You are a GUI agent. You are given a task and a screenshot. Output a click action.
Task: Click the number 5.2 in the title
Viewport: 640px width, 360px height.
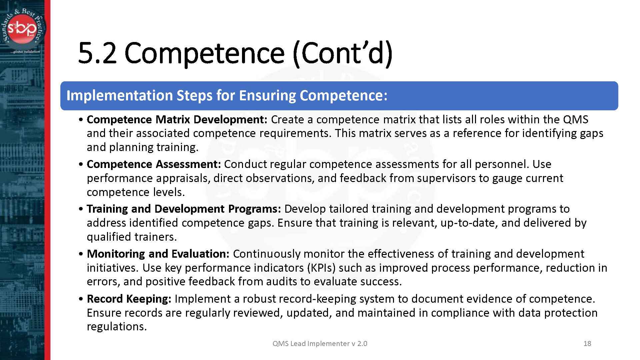pos(97,53)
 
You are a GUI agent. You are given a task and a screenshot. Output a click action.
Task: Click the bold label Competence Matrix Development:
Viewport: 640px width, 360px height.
pos(177,119)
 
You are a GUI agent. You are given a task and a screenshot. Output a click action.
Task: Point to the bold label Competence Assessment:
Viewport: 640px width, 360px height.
pos(154,164)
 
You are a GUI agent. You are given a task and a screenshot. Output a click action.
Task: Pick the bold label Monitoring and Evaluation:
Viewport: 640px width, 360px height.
pos(158,254)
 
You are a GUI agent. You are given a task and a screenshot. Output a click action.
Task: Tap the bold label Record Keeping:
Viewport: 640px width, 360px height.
pos(129,299)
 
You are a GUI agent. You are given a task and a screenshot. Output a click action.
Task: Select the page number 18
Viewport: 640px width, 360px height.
pos(587,343)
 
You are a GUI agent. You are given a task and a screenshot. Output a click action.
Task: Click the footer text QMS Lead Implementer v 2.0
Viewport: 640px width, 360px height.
pos(320,343)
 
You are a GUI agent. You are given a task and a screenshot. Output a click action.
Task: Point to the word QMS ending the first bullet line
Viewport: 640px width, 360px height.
pos(575,119)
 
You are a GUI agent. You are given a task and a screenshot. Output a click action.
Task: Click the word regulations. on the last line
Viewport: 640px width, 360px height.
pos(117,326)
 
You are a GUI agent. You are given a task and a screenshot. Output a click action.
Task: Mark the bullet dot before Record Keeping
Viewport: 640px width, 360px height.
pos(81,299)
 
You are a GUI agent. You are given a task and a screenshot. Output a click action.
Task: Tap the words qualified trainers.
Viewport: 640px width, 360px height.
pos(132,237)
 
